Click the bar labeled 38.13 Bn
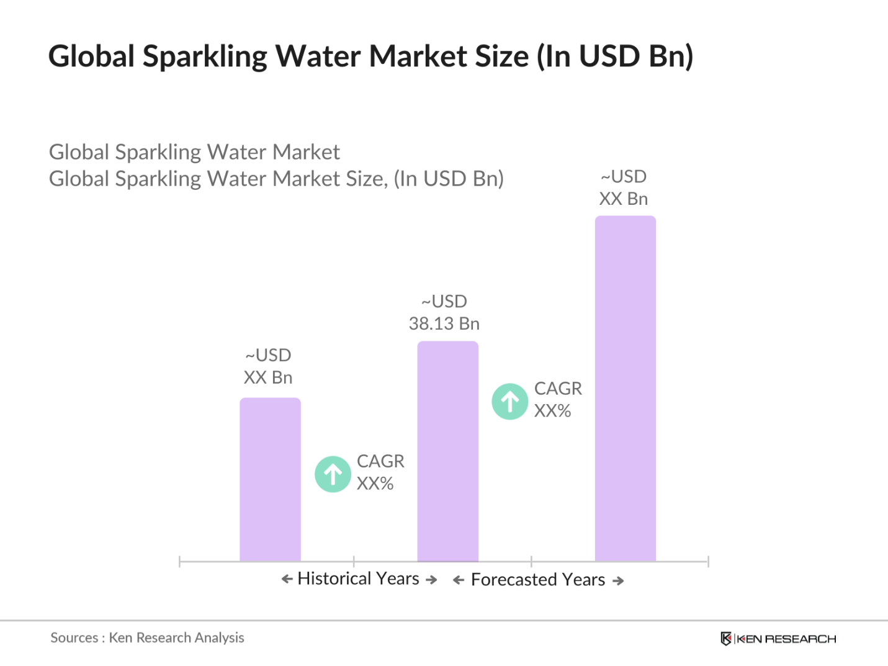447,451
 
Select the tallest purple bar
625,389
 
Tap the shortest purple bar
270,479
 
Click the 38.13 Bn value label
444,323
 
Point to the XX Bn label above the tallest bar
624,199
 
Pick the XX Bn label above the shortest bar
268,377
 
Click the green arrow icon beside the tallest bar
509,402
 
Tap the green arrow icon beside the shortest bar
333,474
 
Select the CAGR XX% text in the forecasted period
558,400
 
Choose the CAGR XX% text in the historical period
380,472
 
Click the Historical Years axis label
359,578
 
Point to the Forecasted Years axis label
537,580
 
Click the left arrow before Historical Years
287,579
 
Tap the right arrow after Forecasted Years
618,581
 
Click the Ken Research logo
778,639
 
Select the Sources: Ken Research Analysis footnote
147,637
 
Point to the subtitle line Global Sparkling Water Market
194,152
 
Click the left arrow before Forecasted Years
459,580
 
